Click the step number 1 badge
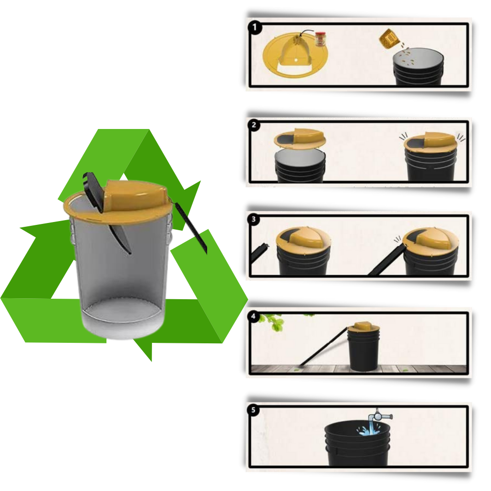(x=255, y=27)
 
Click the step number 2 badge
(x=255, y=126)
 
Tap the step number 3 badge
(x=255, y=220)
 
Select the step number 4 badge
(x=253, y=317)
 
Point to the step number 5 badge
(x=254, y=410)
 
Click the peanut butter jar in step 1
(x=320, y=39)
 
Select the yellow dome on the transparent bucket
(x=134, y=194)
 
